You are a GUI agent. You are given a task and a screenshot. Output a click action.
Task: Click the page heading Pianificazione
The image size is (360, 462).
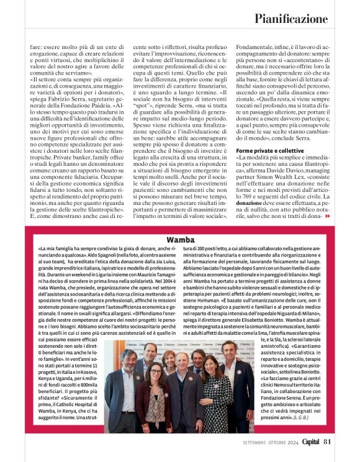pyautogui.click(x=291, y=19)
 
